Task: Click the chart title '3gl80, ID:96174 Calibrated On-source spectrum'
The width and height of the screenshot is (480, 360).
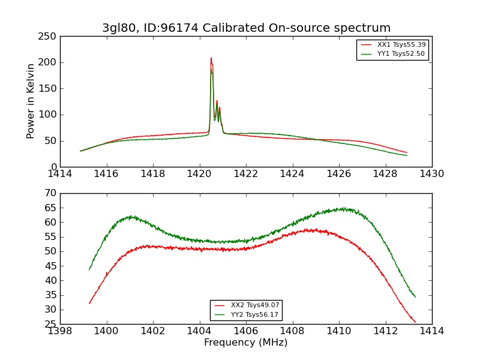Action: click(x=246, y=28)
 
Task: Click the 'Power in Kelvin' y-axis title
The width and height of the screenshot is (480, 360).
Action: click(x=31, y=101)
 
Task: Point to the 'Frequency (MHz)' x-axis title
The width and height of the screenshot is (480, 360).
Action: click(x=246, y=343)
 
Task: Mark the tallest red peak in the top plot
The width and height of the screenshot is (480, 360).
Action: click(x=211, y=58)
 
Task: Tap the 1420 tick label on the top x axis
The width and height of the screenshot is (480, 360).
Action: click(x=199, y=174)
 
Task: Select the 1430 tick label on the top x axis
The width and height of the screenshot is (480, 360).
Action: click(x=432, y=174)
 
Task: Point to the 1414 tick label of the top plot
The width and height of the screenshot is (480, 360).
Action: click(x=61, y=174)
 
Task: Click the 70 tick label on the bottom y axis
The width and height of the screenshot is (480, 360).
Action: click(x=50, y=193)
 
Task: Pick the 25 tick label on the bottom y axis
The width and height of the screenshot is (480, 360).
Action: click(x=50, y=324)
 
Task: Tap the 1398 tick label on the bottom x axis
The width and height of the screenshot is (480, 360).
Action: click(x=61, y=331)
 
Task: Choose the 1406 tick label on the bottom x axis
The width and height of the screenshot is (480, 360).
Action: click(x=246, y=331)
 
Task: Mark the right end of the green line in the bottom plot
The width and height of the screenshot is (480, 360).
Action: click(x=415, y=297)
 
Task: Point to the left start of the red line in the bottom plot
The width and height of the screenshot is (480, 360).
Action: click(x=89, y=303)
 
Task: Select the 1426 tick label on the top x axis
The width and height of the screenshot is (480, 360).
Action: click(x=339, y=174)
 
